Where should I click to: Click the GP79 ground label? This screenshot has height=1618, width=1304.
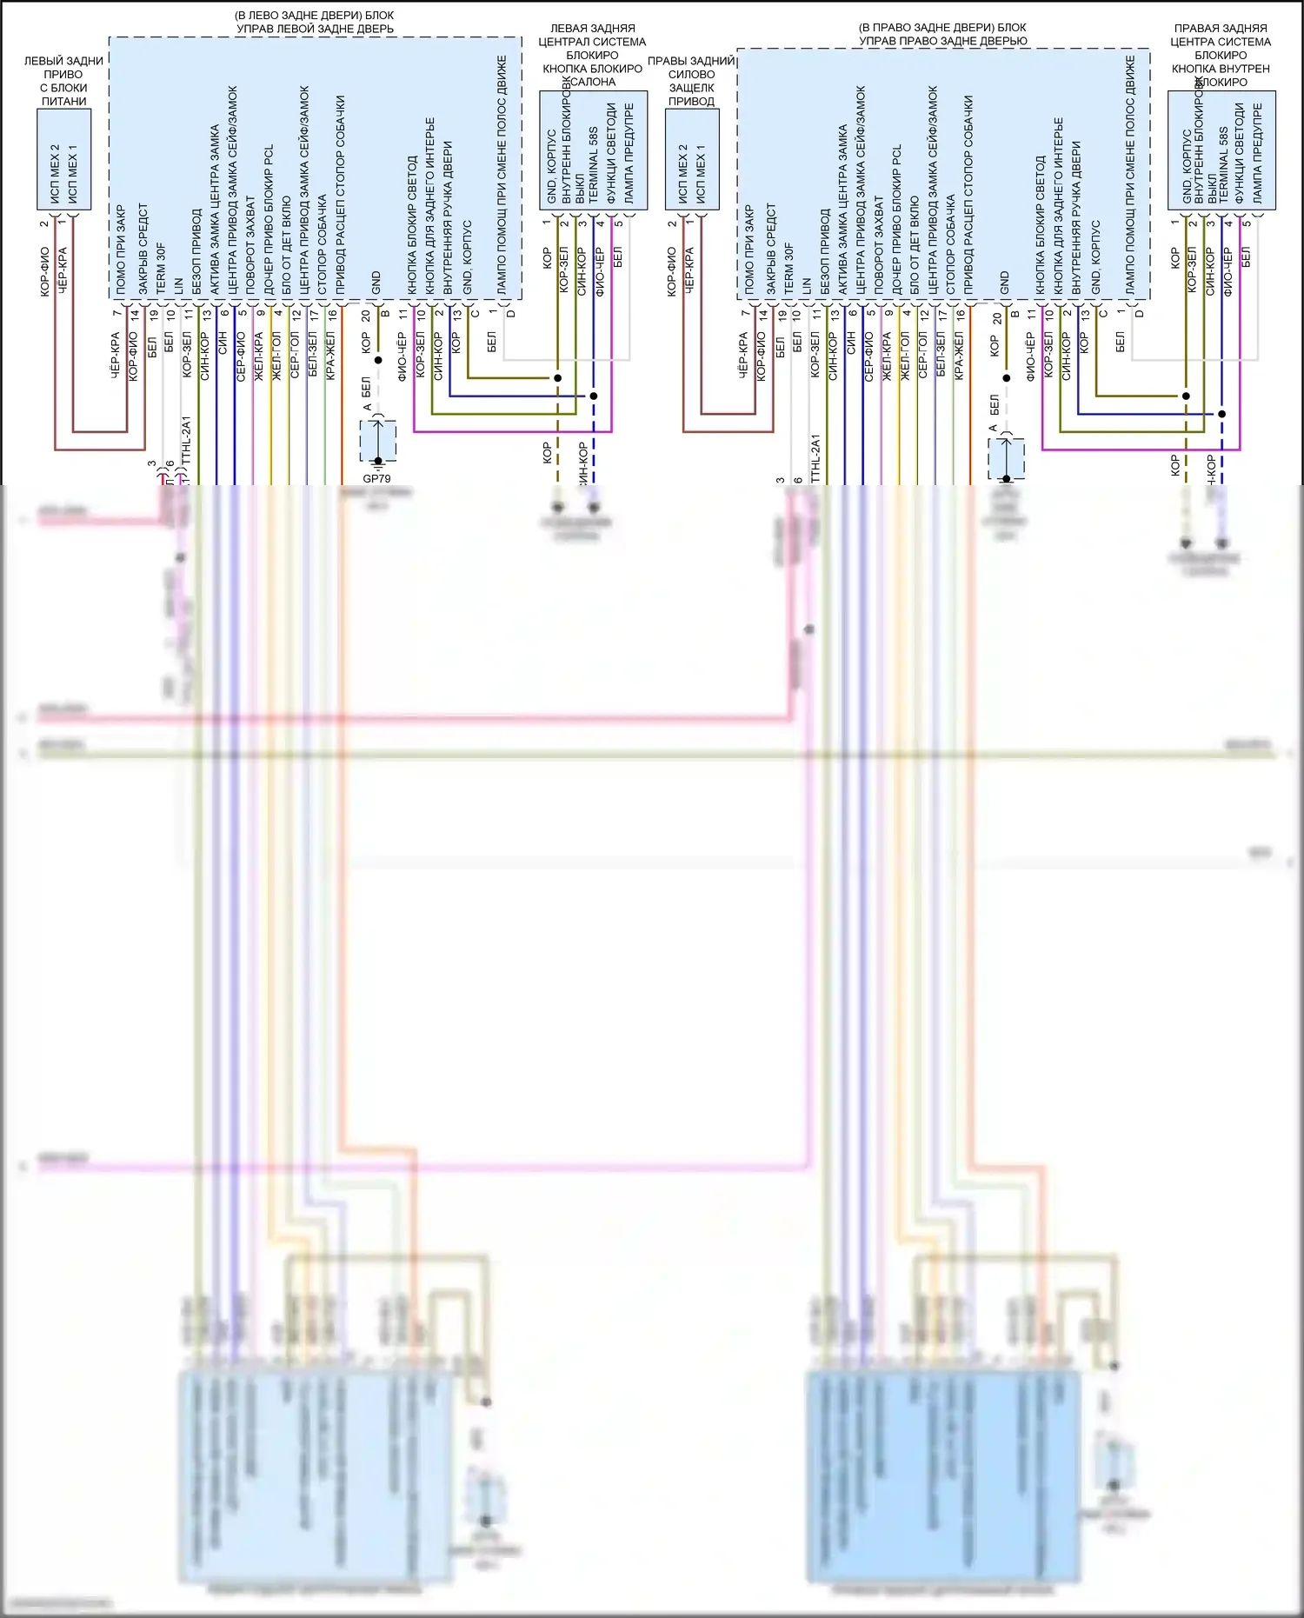(x=376, y=478)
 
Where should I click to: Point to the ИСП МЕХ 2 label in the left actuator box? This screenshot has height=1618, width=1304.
(x=55, y=174)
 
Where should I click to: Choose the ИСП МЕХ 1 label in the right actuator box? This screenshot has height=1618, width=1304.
(x=701, y=174)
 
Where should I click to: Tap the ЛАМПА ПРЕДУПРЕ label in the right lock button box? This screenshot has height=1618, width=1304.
(x=1257, y=153)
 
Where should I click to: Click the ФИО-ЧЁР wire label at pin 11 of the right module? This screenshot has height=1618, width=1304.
(x=1030, y=356)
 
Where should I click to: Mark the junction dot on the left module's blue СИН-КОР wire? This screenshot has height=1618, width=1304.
(x=594, y=396)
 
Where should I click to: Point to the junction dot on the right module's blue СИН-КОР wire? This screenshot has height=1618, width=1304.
(x=1221, y=414)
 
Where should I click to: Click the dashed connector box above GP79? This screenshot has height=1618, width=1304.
(x=378, y=441)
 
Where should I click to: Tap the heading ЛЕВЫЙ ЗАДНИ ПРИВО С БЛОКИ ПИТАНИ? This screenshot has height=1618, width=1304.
(x=63, y=81)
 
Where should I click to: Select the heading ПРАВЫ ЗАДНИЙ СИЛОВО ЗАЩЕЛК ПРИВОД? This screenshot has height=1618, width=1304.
(x=692, y=81)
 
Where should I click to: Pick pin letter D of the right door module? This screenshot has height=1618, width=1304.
(x=1139, y=314)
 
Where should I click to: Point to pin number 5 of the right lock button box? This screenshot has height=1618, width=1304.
(x=1247, y=223)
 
